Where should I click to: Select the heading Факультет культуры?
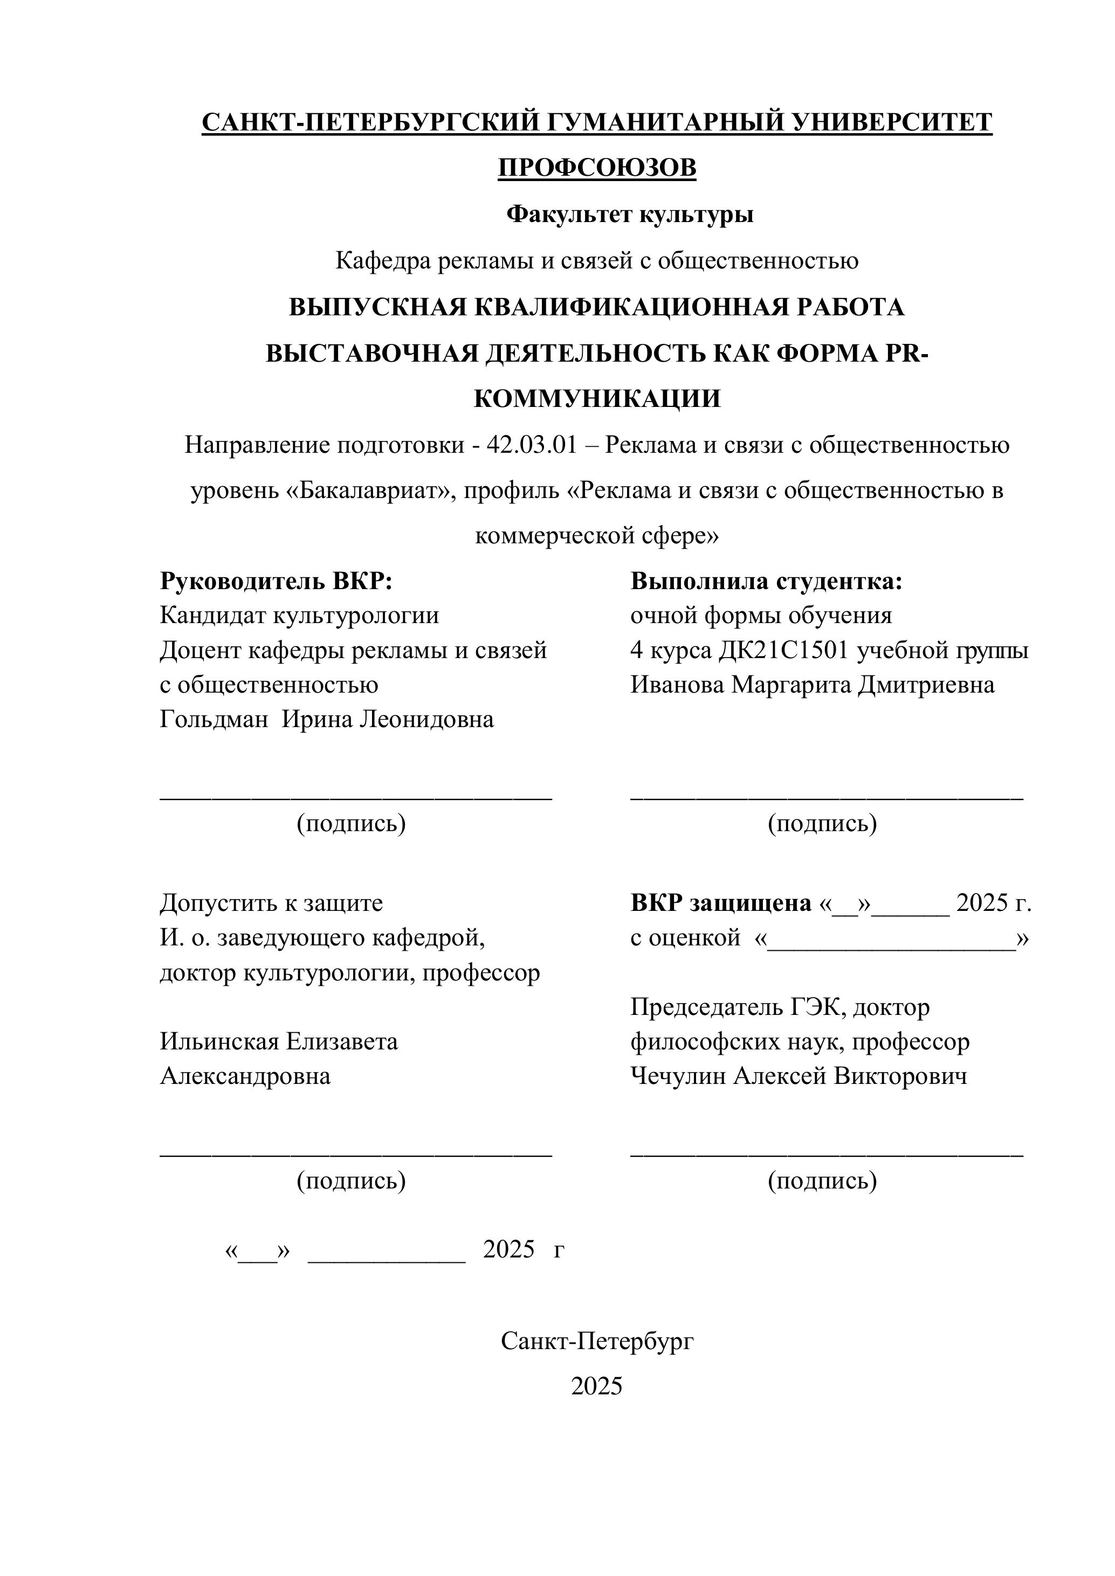(x=630, y=215)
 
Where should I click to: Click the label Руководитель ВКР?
(x=276, y=582)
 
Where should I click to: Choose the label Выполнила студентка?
(x=766, y=582)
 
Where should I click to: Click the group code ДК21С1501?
(x=784, y=650)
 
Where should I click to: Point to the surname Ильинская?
(x=219, y=1041)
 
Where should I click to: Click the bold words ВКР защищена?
(x=721, y=903)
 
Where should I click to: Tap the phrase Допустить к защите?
(x=271, y=903)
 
